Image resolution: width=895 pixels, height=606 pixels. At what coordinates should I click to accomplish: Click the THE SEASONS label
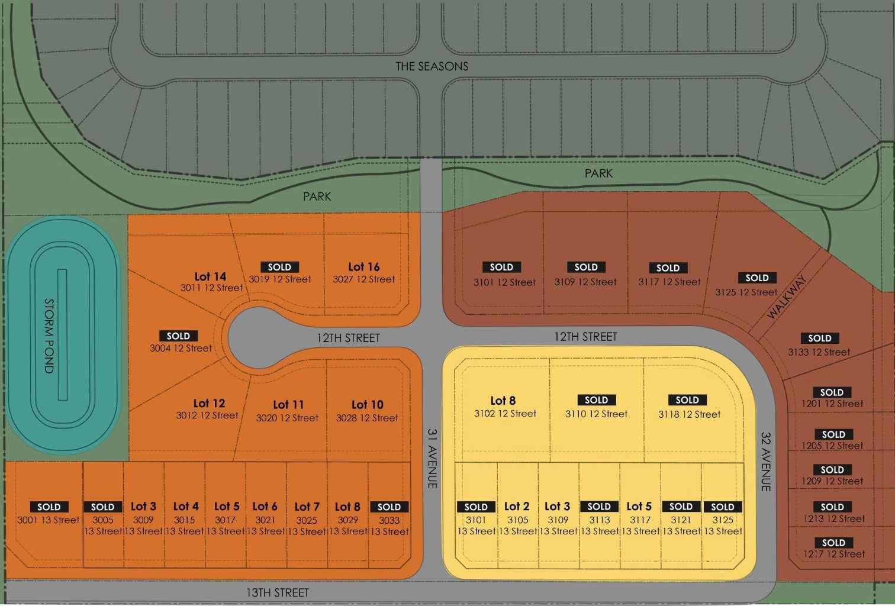(x=432, y=66)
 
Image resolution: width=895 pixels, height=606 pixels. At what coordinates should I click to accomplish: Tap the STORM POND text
(x=49, y=336)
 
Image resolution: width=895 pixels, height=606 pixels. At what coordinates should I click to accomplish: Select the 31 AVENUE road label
(x=432, y=458)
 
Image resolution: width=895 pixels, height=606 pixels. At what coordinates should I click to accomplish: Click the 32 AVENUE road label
(x=765, y=462)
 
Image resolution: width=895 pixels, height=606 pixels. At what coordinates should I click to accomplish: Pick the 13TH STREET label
(x=278, y=592)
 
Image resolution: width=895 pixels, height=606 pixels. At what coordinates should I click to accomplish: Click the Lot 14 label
(x=210, y=276)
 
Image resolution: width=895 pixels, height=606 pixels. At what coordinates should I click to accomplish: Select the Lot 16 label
(x=363, y=267)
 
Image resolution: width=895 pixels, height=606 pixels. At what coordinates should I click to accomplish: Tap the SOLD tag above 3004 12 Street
(x=178, y=336)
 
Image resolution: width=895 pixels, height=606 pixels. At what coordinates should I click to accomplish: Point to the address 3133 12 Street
(x=819, y=352)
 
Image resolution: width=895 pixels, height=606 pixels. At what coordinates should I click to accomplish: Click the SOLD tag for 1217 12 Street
(x=833, y=543)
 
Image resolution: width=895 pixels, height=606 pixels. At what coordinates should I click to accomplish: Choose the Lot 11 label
(x=288, y=405)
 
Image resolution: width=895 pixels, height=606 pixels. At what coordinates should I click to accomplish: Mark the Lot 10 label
(x=367, y=405)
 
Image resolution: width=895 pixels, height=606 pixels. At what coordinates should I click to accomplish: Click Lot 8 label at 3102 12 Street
(x=503, y=401)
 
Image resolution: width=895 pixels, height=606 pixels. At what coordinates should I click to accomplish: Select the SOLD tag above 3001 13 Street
(x=49, y=507)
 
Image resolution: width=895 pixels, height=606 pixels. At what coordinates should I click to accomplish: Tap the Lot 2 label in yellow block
(x=517, y=507)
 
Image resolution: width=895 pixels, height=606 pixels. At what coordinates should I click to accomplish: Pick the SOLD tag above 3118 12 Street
(x=687, y=400)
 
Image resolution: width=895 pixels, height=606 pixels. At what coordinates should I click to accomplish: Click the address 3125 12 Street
(x=746, y=292)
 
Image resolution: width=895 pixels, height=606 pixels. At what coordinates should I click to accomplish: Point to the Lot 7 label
(x=307, y=507)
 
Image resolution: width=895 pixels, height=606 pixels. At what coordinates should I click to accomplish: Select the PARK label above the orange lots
(x=317, y=196)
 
